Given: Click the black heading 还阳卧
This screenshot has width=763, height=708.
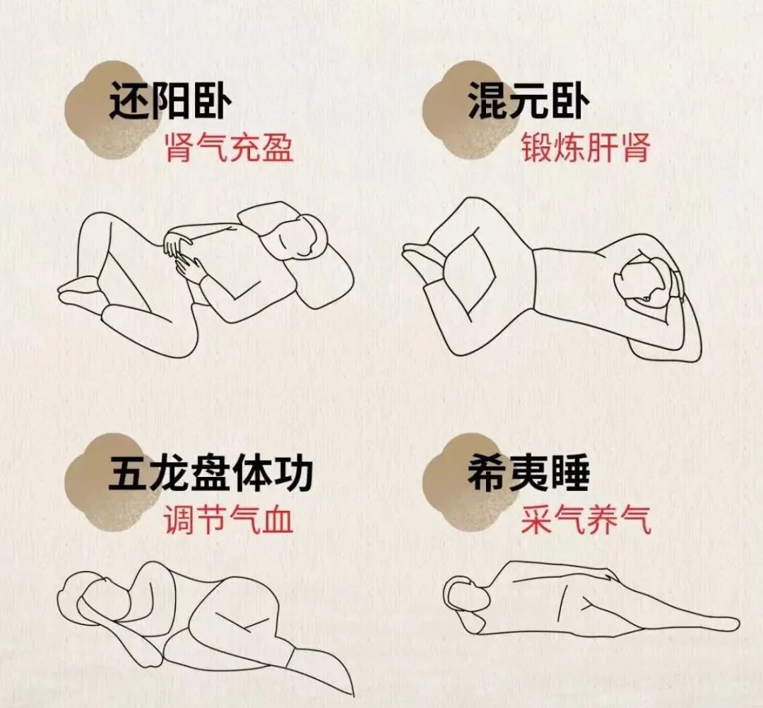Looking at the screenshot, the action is tap(170, 101).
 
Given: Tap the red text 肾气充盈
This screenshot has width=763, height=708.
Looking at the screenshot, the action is tap(229, 147).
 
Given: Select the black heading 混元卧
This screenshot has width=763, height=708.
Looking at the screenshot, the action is tap(528, 101).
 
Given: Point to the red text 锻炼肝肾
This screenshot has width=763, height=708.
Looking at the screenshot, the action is tap(586, 147).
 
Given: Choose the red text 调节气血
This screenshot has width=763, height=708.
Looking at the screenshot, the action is tap(228, 519).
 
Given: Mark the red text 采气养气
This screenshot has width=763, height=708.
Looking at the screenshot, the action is tap(586, 519).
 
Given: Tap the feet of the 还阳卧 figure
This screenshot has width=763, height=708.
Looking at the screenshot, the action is tap(81, 290).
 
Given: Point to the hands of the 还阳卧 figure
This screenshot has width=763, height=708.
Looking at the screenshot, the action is tap(182, 253).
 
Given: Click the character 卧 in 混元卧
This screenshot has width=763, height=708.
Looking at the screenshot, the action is tap(570, 101).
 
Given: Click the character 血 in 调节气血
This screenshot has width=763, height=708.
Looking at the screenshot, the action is tap(278, 519).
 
